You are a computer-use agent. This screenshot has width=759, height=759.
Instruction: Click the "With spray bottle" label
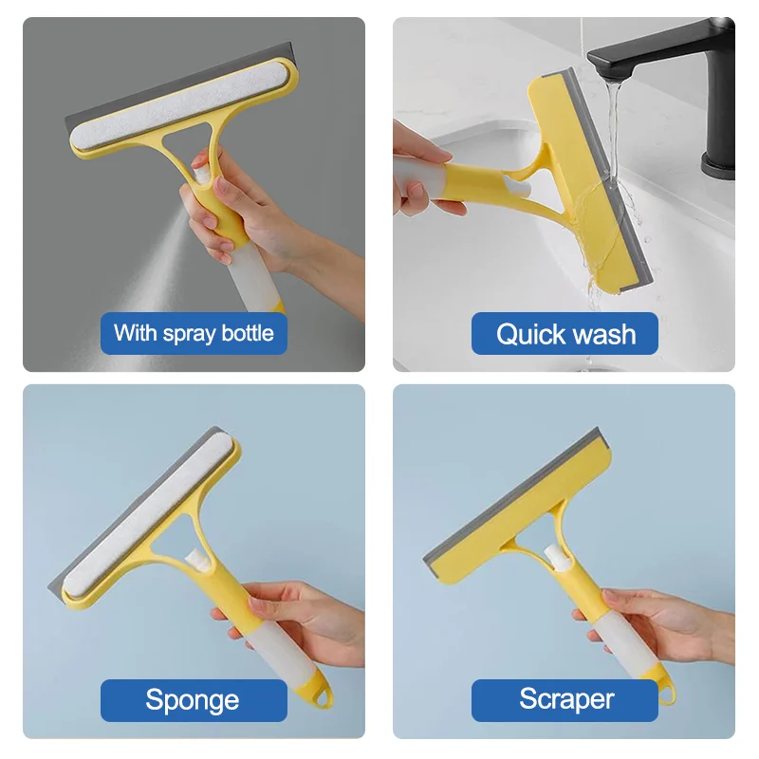click(194, 333)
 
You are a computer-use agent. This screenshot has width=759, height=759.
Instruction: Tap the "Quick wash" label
click(565, 334)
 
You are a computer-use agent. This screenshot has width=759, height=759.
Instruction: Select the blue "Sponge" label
click(193, 700)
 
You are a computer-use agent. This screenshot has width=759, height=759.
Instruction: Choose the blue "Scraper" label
click(565, 700)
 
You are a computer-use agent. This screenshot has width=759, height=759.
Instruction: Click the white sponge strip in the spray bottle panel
click(176, 105)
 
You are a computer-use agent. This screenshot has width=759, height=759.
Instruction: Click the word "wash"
click(604, 334)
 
